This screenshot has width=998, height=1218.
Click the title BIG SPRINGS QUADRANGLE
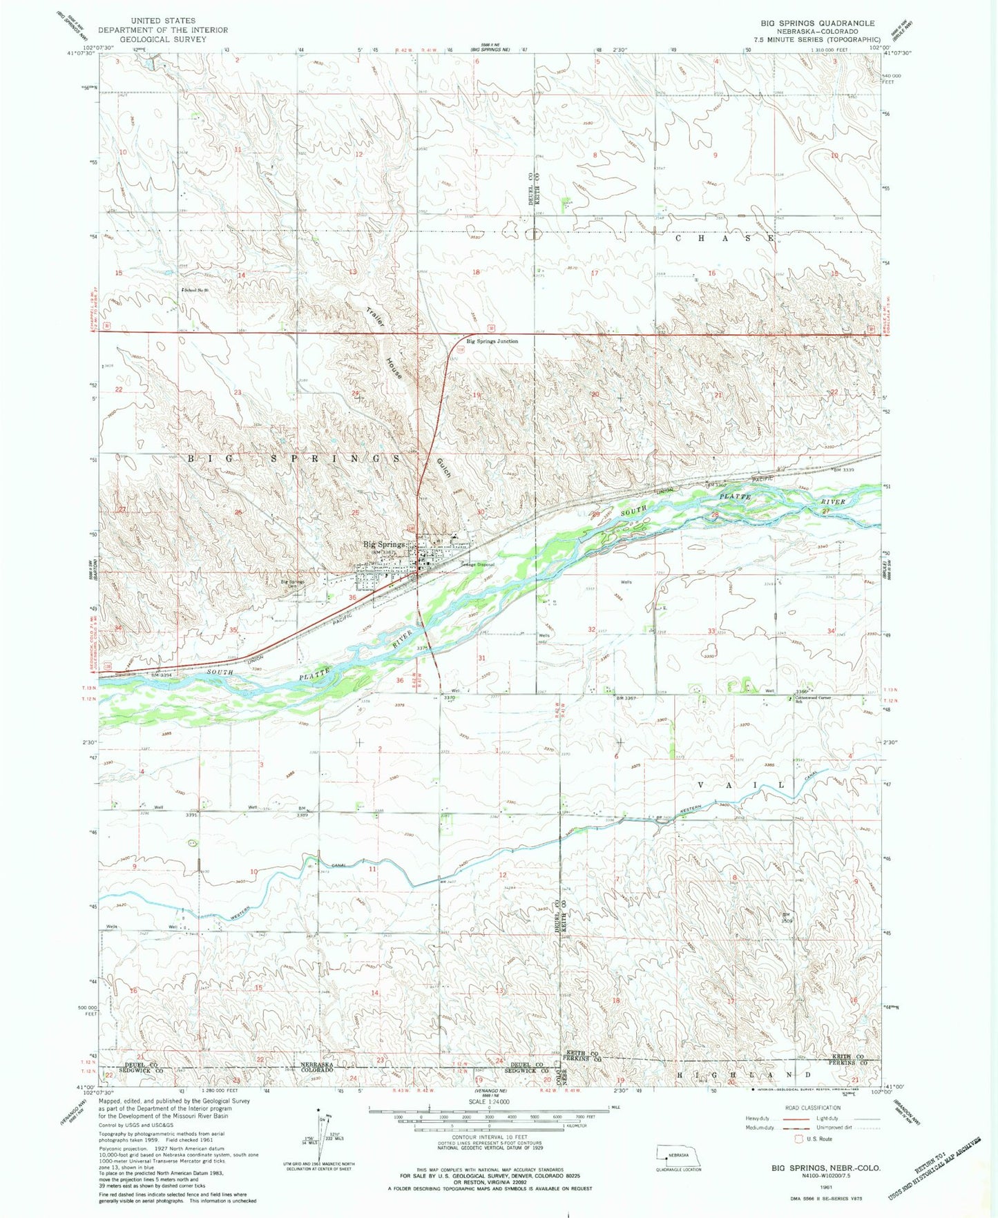point(818,23)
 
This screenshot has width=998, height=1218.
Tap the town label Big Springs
point(383,544)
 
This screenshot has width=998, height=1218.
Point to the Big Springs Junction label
point(492,341)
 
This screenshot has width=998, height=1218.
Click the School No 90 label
point(195,290)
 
